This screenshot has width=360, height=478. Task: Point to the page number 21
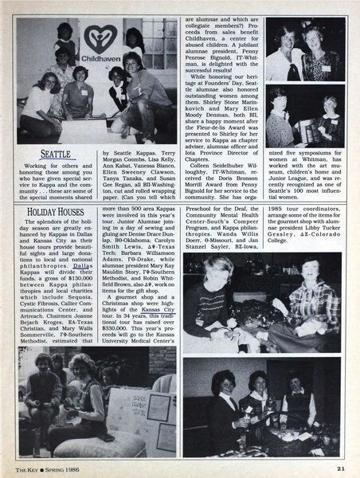click(339, 466)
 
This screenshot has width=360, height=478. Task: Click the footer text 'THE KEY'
click(30, 466)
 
